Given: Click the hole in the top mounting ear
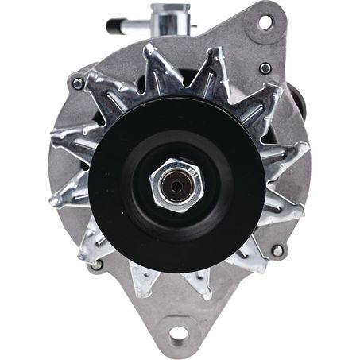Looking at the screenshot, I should (x=263, y=21).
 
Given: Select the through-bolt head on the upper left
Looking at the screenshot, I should (x=77, y=83).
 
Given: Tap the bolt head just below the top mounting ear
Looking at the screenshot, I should (x=265, y=68).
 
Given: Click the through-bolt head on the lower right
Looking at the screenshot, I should (x=277, y=250).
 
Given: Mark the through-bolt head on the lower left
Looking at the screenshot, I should (x=96, y=265).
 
